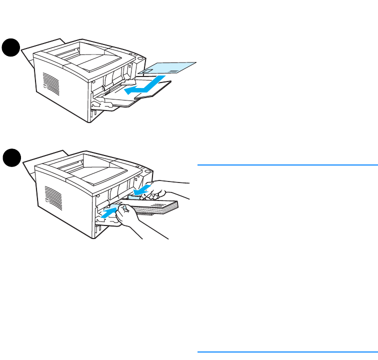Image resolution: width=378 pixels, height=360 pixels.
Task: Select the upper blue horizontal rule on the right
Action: (x=287, y=164)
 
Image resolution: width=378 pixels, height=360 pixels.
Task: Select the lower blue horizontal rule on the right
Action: (x=287, y=351)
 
